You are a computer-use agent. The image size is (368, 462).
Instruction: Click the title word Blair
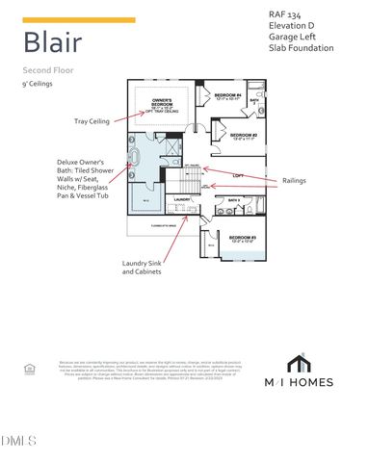[52, 42]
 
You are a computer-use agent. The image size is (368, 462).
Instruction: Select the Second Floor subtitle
[47, 71]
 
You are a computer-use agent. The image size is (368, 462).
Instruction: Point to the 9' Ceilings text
[38, 85]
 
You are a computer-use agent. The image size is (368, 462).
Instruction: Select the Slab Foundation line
[302, 48]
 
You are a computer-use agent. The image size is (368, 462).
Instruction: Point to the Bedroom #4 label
[227, 96]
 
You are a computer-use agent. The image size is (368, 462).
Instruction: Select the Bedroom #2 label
[242, 135]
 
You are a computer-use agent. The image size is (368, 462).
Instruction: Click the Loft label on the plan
[237, 175]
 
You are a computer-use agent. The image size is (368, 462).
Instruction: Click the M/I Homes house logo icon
[299, 363]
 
